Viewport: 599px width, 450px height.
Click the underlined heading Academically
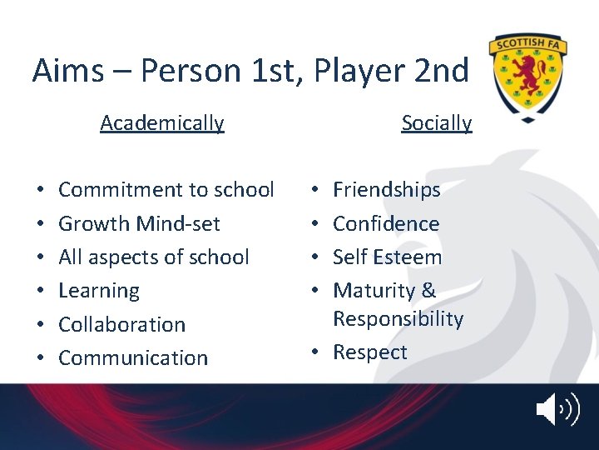(162, 123)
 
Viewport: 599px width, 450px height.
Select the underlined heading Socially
(436, 123)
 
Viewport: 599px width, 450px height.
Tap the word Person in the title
(191, 72)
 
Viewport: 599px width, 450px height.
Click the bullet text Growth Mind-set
(139, 223)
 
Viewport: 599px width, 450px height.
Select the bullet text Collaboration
(121, 324)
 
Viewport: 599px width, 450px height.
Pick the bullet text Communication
(133, 357)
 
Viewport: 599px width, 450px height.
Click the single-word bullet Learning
(99, 291)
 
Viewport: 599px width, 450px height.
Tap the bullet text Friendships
(386, 190)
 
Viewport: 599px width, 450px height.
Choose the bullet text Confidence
(386, 223)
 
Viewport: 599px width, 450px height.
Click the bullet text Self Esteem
(387, 257)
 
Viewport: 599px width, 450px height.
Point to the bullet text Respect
(369, 352)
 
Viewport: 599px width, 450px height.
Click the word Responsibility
(398, 319)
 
